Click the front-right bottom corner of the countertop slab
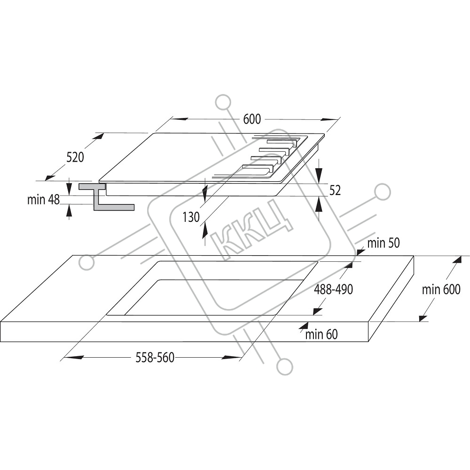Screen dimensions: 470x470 368,342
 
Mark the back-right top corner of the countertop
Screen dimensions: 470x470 414,256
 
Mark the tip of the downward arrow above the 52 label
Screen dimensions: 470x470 319,183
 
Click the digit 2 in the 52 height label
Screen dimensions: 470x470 337,191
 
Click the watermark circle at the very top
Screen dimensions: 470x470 223,102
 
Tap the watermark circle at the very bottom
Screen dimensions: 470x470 284,367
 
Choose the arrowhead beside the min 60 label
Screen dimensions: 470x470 304,327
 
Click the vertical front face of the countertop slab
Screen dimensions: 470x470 184,332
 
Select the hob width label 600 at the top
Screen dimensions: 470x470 252,119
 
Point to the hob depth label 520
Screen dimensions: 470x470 75,157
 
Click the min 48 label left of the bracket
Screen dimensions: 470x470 43,200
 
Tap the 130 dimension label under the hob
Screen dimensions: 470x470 191,217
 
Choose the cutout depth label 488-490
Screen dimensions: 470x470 333,289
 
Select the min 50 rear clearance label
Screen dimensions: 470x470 384,243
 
